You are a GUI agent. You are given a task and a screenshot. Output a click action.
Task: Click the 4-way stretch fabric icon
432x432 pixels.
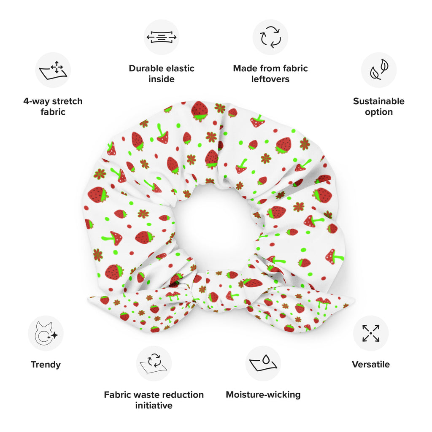point(53,70)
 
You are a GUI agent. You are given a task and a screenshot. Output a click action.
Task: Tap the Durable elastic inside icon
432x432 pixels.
point(162,37)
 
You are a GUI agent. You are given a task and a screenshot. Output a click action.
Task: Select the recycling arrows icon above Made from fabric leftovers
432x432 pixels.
point(270,37)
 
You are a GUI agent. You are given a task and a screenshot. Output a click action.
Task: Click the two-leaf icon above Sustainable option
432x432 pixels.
point(379,70)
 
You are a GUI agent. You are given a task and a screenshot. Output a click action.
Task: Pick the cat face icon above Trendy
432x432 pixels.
point(46,333)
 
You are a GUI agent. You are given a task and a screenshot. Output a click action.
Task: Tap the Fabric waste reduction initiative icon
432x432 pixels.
point(154,363)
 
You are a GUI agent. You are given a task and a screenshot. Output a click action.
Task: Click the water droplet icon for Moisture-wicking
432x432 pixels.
point(263,363)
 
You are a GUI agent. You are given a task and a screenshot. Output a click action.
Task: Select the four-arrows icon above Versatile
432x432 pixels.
point(371,333)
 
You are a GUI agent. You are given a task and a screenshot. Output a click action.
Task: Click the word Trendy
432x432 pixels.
point(46,364)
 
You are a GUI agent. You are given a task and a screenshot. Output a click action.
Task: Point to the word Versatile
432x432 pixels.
point(371,364)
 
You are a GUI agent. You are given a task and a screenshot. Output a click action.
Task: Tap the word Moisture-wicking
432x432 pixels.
point(263,394)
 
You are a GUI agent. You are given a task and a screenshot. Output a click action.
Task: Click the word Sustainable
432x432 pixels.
point(379,101)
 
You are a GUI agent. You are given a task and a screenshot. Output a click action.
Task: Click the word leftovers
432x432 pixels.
point(270,79)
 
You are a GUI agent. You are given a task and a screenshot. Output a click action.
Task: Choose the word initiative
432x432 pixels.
point(154,405)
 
